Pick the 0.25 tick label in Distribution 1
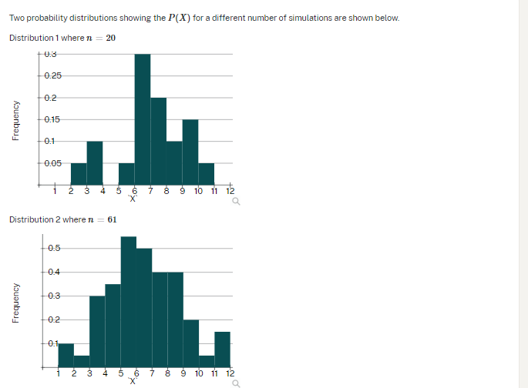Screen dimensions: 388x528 click(x=53, y=75)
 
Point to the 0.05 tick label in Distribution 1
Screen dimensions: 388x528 click(x=53, y=163)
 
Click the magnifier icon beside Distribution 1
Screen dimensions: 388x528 click(x=236, y=202)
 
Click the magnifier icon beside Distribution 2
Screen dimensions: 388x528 click(x=236, y=383)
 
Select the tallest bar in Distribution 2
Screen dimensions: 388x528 click(x=129, y=300)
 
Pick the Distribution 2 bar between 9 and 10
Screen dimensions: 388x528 click(x=190, y=343)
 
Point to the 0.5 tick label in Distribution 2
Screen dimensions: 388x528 click(x=55, y=248)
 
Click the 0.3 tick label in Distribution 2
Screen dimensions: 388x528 click(x=55, y=296)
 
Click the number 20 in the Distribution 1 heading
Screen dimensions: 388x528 click(x=111, y=38)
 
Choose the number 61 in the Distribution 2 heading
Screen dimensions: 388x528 click(x=112, y=219)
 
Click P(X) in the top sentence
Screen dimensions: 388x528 click(x=178, y=18)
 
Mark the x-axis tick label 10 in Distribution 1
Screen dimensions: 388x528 click(x=198, y=191)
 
